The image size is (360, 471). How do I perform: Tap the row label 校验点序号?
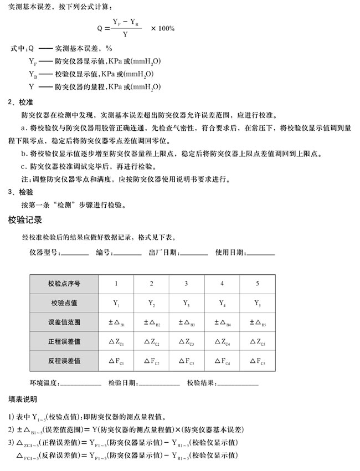pyautogui.click(x=65, y=284)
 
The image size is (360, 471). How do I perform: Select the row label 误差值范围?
pyautogui.click(x=65, y=322)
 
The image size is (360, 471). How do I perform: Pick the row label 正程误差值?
pyautogui.click(x=65, y=341)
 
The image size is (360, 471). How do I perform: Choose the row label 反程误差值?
pyautogui.click(x=65, y=361)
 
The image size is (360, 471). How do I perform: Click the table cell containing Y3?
pyautogui.click(x=186, y=303)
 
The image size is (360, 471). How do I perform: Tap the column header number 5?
pyautogui.click(x=257, y=284)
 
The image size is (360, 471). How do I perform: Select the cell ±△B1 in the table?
pyautogui.click(x=116, y=322)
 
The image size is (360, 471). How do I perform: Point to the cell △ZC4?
pyautogui.click(x=222, y=341)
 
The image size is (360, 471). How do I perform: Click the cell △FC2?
pyautogui.click(x=151, y=361)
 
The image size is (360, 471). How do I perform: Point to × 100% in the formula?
pyautogui.click(x=163, y=28)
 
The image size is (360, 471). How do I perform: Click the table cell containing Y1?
pyautogui.click(x=116, y=303)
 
